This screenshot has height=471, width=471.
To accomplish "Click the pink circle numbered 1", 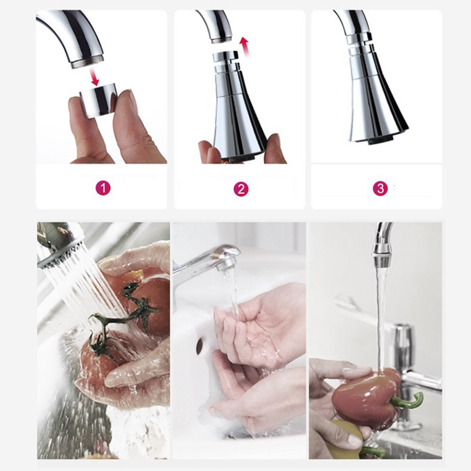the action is pos(102,188).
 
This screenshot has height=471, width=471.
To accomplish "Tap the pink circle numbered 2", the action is pos(241,189).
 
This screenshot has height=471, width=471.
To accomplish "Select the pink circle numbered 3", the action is pos(380,188).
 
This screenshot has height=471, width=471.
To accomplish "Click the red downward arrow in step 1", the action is pos(95,77).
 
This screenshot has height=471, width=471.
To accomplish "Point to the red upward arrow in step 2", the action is pos(244,47).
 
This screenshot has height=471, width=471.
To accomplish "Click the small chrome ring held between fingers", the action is pos(98,101).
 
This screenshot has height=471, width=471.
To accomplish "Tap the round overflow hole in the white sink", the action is pos(200,346).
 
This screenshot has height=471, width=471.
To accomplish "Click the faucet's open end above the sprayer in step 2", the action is pos(222,40).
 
